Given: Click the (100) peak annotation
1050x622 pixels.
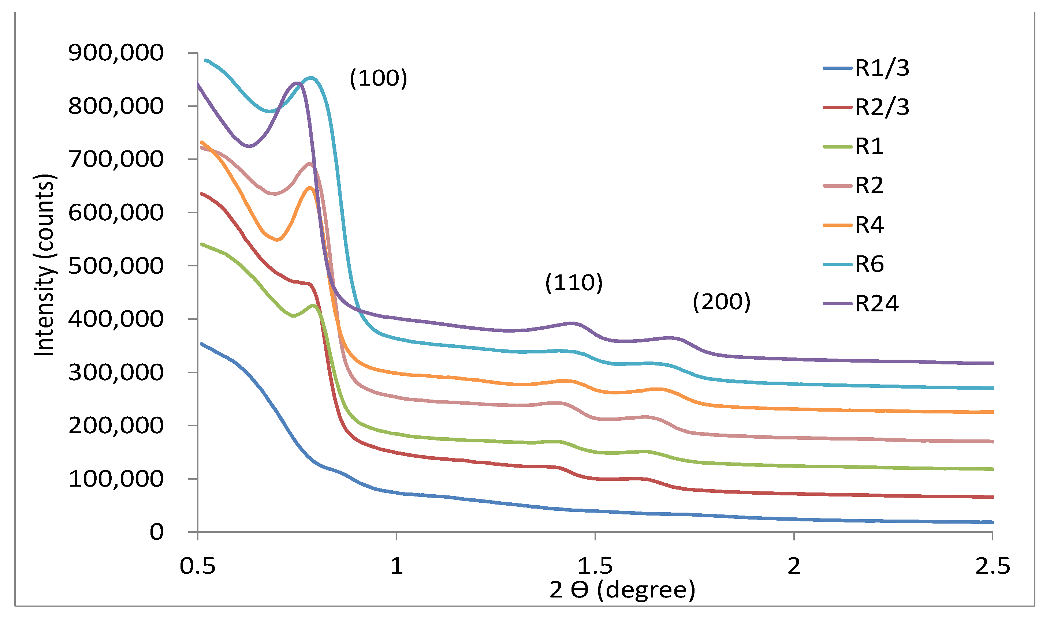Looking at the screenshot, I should tap(378, 78).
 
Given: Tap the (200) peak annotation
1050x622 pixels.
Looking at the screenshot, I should tap(721, 302).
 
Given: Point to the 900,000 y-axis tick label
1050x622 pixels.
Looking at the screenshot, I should tap(116, 53).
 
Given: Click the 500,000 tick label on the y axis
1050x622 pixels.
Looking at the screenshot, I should tap(116, 266).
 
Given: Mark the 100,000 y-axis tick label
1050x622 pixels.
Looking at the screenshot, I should tap(116, 479).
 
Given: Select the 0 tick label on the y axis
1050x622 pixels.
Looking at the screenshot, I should tap(157, 532).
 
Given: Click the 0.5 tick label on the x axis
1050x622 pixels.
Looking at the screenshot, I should tap(197, 567).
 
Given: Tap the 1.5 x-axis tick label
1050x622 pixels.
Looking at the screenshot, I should tap(595, 567).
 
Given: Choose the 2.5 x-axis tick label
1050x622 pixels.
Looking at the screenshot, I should tap(992, 567).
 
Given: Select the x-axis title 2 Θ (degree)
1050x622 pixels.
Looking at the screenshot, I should tap(622, 590).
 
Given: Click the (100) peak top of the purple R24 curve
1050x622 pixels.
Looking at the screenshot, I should tap(297, 83).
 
